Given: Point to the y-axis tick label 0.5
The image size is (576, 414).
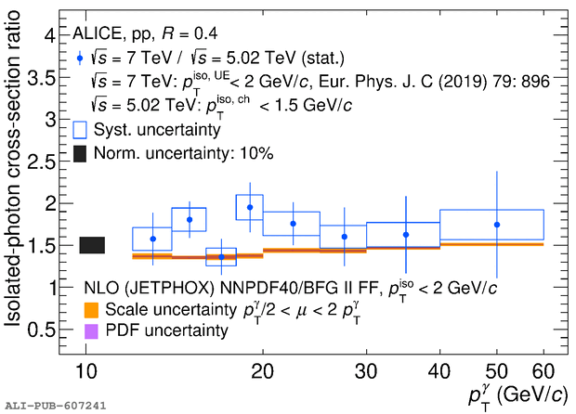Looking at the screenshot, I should coord(43,330).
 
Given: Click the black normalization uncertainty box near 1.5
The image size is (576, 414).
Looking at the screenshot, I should coord(92,245).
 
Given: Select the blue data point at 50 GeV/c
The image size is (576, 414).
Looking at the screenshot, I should coord(497,225).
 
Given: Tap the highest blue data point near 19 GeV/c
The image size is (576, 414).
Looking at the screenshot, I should coord(250,207).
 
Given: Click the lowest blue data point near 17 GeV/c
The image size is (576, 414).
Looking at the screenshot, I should coord(221,257).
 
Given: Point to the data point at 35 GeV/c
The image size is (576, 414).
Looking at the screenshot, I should coord(405,235).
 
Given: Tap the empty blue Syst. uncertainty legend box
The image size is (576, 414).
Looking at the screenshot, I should coord(81,131).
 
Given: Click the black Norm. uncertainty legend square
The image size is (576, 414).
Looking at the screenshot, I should coord(81,153).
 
